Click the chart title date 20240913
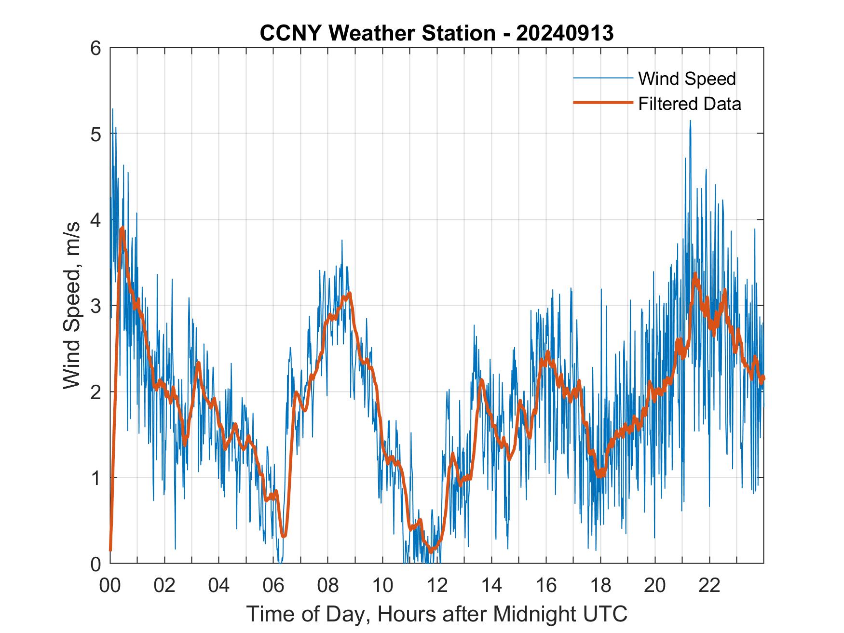(565, 33)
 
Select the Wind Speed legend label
(687, 79)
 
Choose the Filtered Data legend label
(689, 104)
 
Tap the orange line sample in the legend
(602, 103)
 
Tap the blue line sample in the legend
(602, 78)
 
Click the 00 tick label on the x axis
(110, 586)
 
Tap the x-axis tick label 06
(273, 586)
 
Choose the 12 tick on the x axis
(437, 586)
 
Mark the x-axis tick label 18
(600, 586)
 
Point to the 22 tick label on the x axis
(709, 586)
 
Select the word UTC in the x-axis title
(606, 614)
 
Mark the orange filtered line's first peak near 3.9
(123, 228)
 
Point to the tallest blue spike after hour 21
(690, 121)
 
